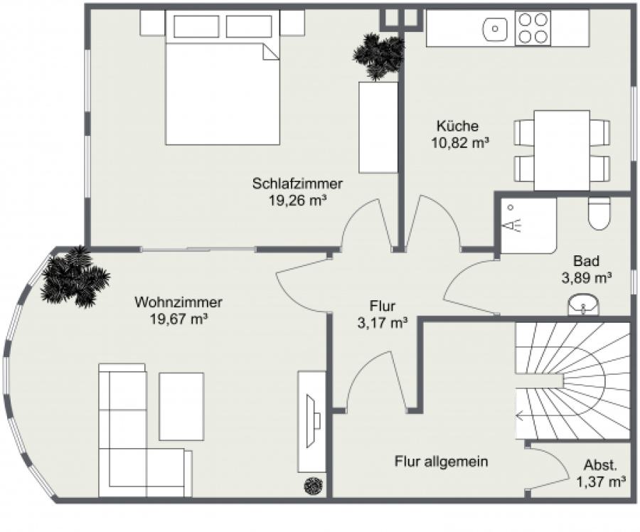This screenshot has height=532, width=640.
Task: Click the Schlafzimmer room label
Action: (297, 183)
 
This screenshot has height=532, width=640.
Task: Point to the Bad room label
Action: (586, 260)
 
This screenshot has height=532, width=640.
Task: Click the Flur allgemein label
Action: (441, 462)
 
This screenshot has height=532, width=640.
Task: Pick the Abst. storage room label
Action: (600, 466)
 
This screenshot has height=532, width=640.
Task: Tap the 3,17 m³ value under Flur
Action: (382, 324)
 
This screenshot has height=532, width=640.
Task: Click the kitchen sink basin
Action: (494, 29)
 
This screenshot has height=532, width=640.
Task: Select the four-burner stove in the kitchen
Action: (533, 28)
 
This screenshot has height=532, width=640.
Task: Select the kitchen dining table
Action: (562, 149)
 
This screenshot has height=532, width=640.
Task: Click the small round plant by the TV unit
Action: (314, 486)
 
